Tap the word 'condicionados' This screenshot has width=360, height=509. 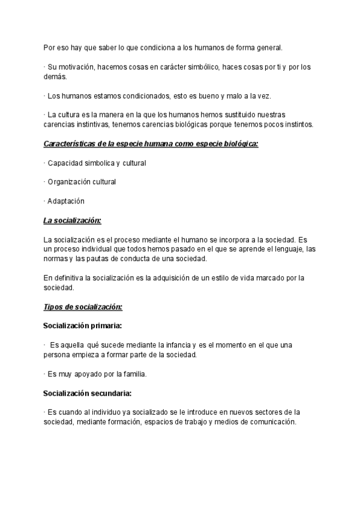coord(127,96)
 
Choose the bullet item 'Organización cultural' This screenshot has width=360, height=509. coord(82,182)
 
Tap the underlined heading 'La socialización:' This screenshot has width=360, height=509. coord(73,220)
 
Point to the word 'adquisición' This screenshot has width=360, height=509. coord(166,278)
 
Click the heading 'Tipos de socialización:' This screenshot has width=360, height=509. coord(83,307)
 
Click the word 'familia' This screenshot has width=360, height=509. coord(133,374)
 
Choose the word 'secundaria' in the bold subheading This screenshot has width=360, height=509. coord(110,393)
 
